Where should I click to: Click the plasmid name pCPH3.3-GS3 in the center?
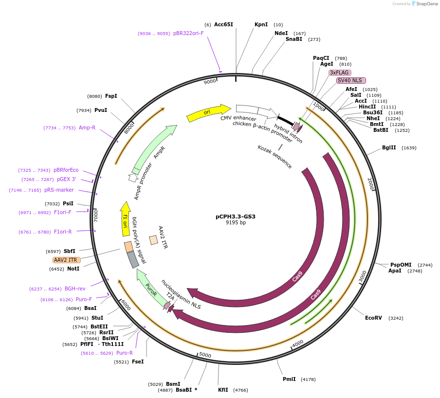(x=236, y=217)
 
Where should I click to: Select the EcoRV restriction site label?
(x=373, y=318)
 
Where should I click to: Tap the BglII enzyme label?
(x=389, y=148)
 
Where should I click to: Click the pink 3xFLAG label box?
(x=340, y=72)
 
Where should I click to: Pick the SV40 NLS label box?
(x=351, y=80)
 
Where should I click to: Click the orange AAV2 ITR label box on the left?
(x=67, y=260)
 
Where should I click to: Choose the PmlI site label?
(x=289, y=379)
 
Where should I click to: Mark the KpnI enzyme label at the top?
(x=261, y=24)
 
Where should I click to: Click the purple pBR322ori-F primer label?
(x=188, y=34)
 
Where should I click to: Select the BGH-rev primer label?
(x=75, y=289)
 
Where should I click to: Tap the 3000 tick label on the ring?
(x=363, y=276)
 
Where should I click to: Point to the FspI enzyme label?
(x=111, y=96)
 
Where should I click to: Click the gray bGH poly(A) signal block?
(x=133, y=260)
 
